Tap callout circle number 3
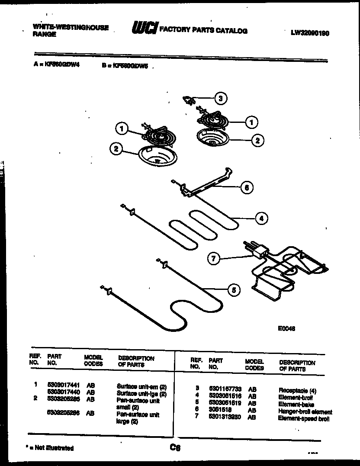[220, 99]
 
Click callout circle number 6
[246, 187]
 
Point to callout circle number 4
[260, 219]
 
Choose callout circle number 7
[213, 259]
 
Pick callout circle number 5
[234, 290]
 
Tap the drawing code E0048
[286, 328]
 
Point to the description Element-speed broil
[304, 418]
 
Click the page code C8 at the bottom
[175, 448]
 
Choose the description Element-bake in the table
[296, 404]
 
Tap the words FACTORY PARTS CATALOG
[203, 31]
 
